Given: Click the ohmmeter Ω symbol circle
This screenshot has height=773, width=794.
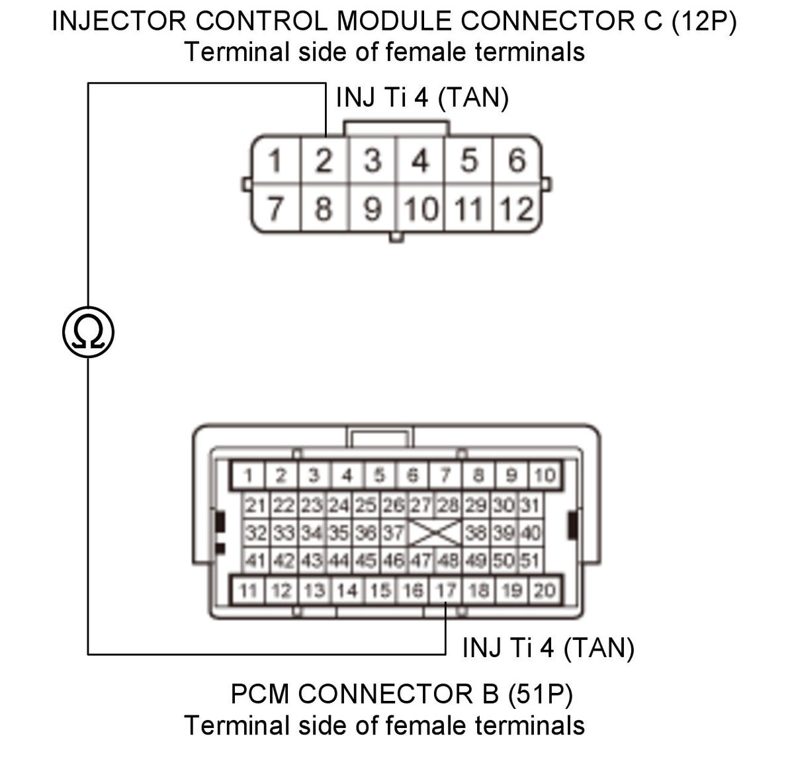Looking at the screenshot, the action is coord(88,332).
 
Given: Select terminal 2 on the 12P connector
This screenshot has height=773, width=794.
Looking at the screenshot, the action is coord(324,160).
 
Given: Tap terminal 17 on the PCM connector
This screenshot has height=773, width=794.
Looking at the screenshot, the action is coord(445,590).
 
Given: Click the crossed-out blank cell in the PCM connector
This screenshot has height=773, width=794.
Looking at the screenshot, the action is coord(435,533).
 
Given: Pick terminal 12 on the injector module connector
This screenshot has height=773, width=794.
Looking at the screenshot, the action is coord(517,208).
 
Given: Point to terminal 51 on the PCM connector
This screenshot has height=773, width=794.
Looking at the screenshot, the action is coord(531,561).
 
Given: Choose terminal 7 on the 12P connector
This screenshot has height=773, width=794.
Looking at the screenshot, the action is coord(275,208).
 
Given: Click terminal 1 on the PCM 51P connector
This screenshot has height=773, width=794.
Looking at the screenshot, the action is coord(248,475).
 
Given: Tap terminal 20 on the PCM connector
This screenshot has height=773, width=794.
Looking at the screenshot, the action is coord(545,590).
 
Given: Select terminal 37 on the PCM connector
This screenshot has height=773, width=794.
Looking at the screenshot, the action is coord(394,533).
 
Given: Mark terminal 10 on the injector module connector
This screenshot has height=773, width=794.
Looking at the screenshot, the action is coord(421,208).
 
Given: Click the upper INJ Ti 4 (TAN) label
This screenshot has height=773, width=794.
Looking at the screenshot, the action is coord(422,98).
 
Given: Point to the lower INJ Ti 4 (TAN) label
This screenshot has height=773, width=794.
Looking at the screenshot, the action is coord(548,647).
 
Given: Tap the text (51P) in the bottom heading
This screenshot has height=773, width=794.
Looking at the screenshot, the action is coord(540,694).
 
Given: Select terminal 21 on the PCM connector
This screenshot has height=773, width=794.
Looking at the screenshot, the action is coord(255,506).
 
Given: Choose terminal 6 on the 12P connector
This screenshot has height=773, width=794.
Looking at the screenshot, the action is coord(517,160).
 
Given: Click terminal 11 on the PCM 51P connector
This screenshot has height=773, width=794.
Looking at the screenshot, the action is coord(248,590).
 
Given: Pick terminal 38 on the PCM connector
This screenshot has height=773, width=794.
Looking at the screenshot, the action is coord(476,533).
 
